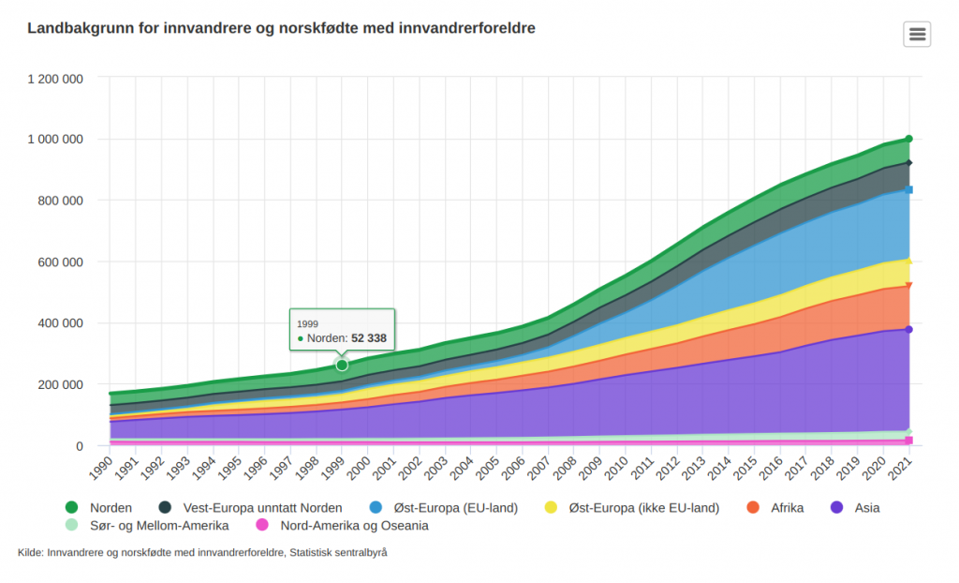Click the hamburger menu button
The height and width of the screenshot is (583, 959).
pos(917,34)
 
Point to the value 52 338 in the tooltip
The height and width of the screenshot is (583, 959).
pos(369,337)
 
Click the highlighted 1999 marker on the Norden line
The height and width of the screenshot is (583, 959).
pos(342,365)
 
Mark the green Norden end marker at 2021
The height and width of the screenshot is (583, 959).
pos(908,139)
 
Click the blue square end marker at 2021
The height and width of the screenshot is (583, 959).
pos(908,190)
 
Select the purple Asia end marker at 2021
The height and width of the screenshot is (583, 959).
pos(908,329)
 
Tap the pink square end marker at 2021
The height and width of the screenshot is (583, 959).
pos(908,441)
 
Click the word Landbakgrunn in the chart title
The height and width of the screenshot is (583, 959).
pos(80,29)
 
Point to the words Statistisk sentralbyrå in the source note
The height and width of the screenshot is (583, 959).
pos(339,553)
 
